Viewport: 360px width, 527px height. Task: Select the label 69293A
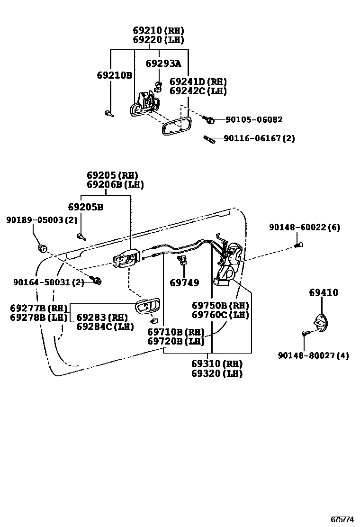pyautogui.click(x=163, y=63)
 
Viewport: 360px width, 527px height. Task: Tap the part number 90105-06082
pyautogui.click(x=254, y=119)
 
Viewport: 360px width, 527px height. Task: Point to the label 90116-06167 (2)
pyautogui.click(x=259, y=138)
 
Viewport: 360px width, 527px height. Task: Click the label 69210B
pyautogui.click(x=114, y=75)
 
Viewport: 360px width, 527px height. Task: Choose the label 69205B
pyautogui.click(x=85, y=207)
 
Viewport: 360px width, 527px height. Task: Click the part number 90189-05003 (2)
pyautogui.click(x=41, y=220)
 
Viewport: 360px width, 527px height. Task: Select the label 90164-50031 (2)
pyautogui.click(x=48, y=282)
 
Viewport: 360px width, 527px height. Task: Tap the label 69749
pyautogui.click(x=184, y=283)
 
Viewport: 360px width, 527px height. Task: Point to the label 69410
pyautogui.click(x=324, y=292)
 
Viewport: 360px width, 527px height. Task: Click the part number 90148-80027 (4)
pyautogui.click(x=313, y=355)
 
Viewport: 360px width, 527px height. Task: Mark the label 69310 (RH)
pyautogui.click(x=217, y=363)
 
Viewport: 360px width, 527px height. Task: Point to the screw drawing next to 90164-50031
pyautogui.click(x=97, y=282)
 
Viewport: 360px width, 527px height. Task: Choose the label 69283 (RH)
pyautogui.click(x=102, y=317)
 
